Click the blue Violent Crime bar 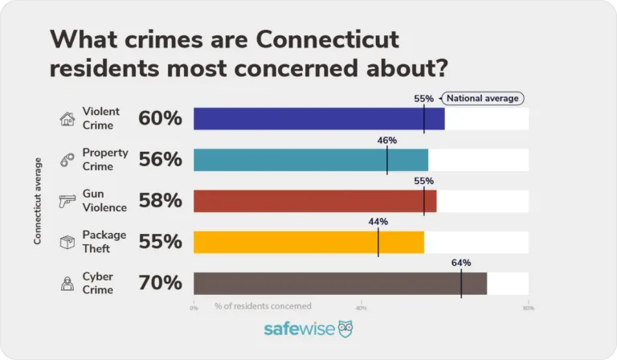pos(319,119)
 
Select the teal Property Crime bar pos(311,160)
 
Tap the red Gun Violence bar pos(315,201)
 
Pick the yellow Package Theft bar pos(308,242)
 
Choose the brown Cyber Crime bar pos(340,283)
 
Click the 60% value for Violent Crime pos(160,119)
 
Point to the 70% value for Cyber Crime pos(160,283)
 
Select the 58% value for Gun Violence pos(160,201)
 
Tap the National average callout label pos(483,98)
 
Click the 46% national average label pos(387,140)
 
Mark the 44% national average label pos(378,222)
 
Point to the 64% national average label pos(461,263)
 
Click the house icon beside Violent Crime pos(67,119)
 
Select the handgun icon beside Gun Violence pos(67,201)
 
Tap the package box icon pos(67,242)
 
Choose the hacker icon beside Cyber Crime pos(67,283)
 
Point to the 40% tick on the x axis pos(361,307)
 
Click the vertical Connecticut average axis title pos(37,201)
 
